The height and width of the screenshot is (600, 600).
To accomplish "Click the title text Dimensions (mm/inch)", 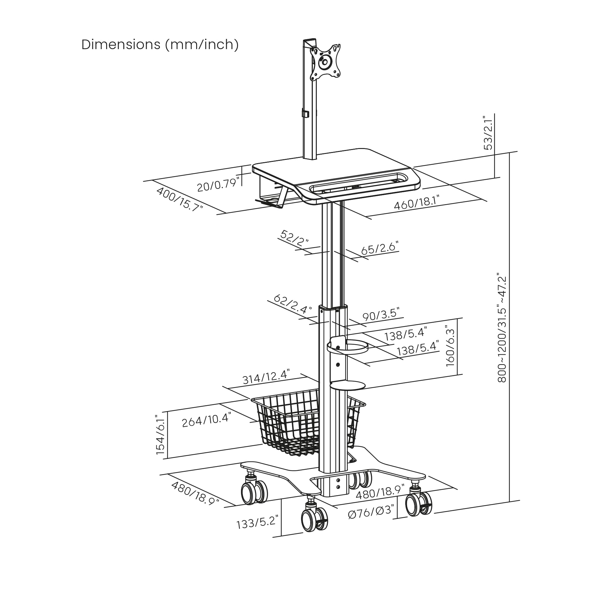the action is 160,45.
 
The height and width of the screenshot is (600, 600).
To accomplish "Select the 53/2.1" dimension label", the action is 488,132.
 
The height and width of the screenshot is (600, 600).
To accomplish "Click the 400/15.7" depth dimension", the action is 179,199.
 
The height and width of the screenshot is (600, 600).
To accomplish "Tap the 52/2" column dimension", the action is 294,238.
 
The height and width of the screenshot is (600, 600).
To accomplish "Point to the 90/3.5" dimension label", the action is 381,315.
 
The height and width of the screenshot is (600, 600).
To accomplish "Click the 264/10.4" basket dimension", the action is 206,420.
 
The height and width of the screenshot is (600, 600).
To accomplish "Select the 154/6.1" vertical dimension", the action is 161,435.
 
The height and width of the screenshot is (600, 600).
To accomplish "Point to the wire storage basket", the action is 308,423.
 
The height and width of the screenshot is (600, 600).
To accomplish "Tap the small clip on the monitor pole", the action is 305,113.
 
